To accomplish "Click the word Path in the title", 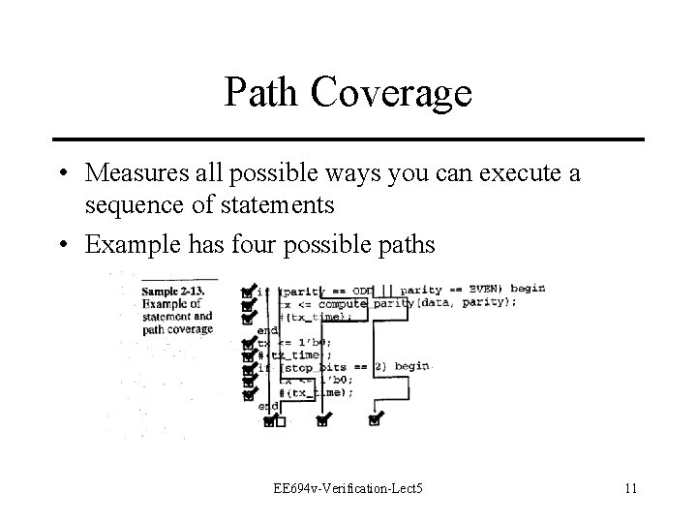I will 263,93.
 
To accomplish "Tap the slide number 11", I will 630,487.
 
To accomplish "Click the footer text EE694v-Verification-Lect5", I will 348,487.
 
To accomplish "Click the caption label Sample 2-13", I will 178,291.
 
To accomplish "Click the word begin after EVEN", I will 529,289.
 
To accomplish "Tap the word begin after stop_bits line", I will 411,367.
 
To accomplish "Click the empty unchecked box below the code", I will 280,421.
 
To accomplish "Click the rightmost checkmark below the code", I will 375,419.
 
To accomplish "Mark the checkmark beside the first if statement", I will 249,290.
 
